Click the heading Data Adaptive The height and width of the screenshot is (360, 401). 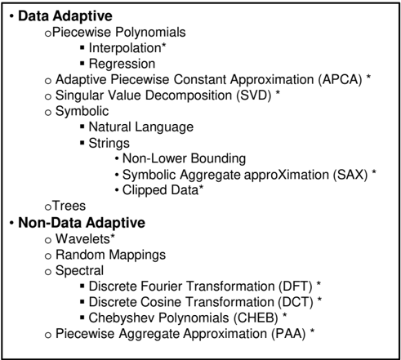coord(65,16)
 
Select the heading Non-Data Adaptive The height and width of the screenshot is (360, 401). coord(82,223)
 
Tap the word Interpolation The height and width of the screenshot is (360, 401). coord(125,48)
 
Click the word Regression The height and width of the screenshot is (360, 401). coord(122,64)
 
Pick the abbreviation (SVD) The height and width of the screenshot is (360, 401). coord(254,96)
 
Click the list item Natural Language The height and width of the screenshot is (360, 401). coord(141,127)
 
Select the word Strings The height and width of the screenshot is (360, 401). coord(109,144)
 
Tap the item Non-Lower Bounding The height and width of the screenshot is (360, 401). coord(184,158)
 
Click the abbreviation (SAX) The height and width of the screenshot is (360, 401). coord(350,175)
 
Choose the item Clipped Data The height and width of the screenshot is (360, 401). coord(161,190)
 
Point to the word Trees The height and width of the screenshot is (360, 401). coord(69,206)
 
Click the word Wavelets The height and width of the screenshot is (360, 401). coord(82,239)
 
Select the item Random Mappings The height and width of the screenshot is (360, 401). coord(110,256)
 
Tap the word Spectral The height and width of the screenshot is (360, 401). coord(79,271)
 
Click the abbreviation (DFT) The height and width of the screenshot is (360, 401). coord(296,287)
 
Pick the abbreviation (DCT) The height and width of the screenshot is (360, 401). coord(296,302)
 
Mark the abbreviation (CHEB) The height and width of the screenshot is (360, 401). coord(256,318)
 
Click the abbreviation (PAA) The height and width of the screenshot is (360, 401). coord(288,334)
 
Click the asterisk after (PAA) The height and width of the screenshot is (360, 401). coord(312,331)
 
